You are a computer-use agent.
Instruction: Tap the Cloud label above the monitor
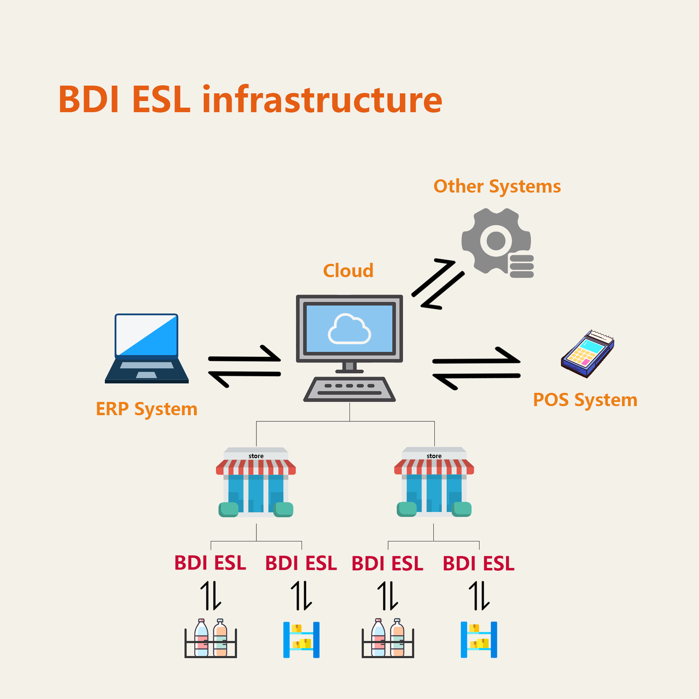click(x=348, y=271)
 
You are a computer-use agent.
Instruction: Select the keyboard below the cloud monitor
click(x=349, y=389)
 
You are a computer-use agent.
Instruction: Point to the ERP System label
click(x=146, y=409)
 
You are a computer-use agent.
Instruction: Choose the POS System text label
click(x=585, y=400)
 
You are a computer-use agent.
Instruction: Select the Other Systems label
click(x=497, y=186)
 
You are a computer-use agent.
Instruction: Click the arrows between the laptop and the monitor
click(x=244, y=366)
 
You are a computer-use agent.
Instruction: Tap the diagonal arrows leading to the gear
click(x=438, y=284)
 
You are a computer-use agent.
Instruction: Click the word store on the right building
click(x=434, y=456)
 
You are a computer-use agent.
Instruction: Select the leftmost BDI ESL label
click(x=210, y=563)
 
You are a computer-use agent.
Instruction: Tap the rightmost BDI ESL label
click(x=479, y=563)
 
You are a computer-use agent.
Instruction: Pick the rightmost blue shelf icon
click(x=479, y=639)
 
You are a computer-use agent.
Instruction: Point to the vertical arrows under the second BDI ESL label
click(x=301, y=596)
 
